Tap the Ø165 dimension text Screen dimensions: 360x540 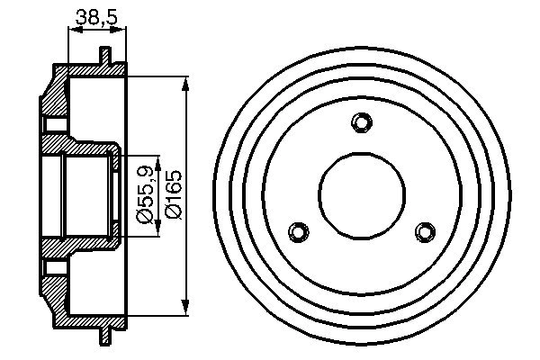pos(173,193)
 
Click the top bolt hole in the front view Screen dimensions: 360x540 pos(362,122)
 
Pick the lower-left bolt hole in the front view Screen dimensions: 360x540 pos(299,231)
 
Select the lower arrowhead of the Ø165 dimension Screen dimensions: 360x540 pos(186,303)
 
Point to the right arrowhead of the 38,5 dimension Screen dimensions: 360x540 pos(121,30)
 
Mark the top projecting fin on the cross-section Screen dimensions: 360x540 pos(105,55)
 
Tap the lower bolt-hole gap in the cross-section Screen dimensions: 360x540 pos(54,266)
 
